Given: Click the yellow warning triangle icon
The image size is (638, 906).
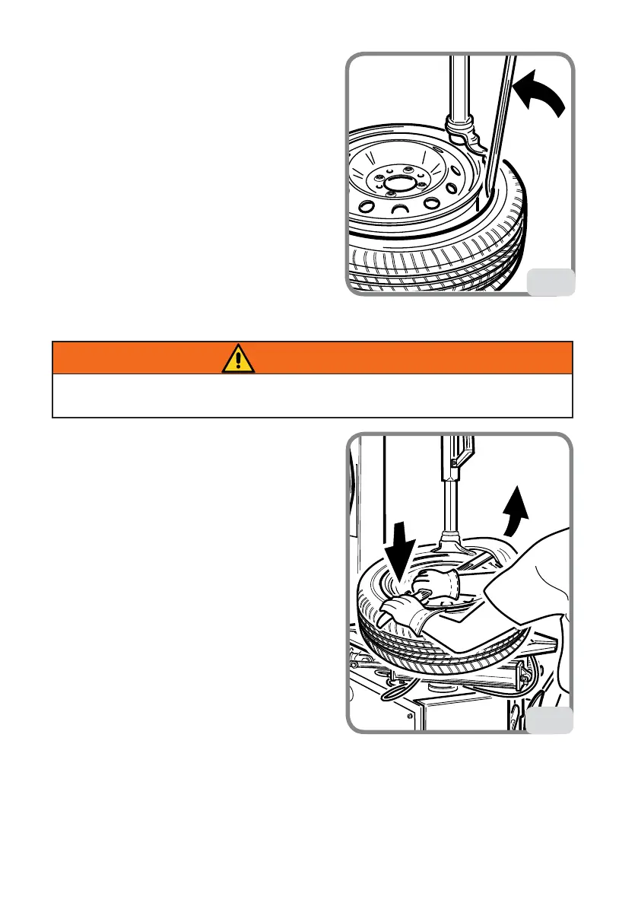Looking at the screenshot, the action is [238, 358].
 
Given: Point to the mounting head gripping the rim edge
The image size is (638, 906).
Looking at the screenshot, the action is [464, 138].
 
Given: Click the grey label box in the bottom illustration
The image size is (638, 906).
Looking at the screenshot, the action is [551, 720].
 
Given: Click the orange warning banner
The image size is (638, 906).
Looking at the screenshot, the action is [312, 358].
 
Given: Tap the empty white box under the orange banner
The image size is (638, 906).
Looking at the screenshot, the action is [312, 396].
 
